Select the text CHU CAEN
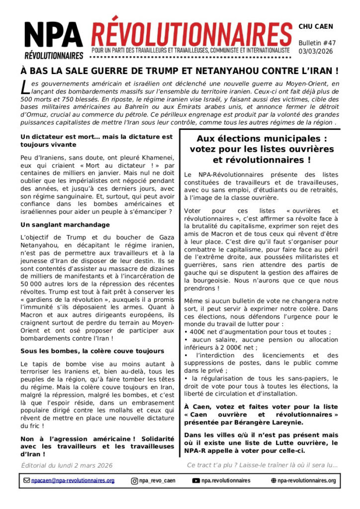point(316,26)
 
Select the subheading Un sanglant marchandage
point(58,225)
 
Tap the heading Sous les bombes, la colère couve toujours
point(92,351)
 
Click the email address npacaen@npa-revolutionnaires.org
point(73,481)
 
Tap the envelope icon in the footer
point(27,481)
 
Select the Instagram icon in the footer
point(134,481)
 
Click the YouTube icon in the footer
point(196,481)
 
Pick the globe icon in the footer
point(273,481)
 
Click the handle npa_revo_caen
point(157,481)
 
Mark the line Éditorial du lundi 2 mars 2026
point(67,465)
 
